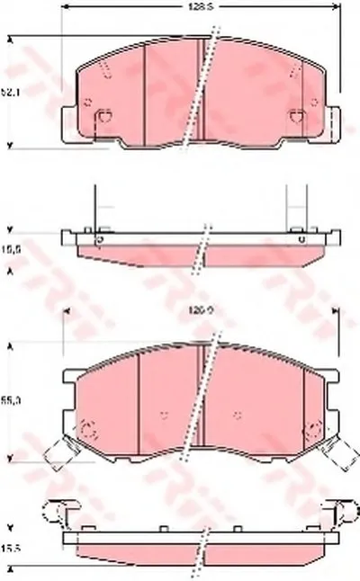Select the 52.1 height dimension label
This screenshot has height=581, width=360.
click(10, 91)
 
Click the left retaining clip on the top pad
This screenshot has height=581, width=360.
click(103, 115)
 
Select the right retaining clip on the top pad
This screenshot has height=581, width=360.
click(297, 115)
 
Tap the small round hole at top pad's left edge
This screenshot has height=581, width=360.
click(86, 100)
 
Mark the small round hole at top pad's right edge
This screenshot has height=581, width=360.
click(314, 100)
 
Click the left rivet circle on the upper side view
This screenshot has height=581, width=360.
click(100, 238)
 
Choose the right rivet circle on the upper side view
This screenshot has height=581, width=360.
click(300, 238)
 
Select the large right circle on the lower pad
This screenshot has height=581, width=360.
click(314, 429)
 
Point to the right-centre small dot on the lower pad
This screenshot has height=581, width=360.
click(238, 415)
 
